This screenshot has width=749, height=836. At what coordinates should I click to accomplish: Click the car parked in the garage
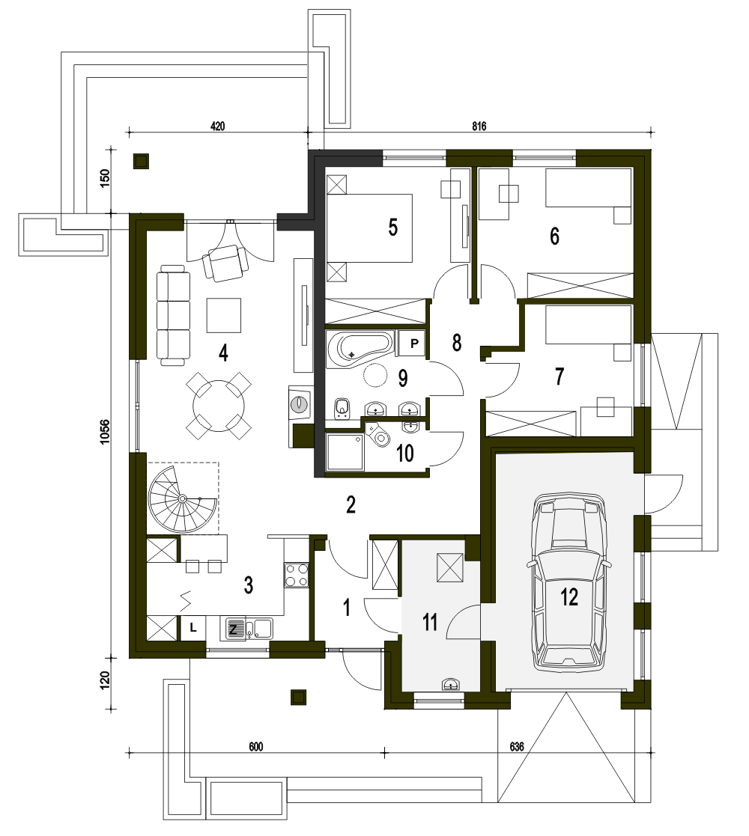[x=569, y=581]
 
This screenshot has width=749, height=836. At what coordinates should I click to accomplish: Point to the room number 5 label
[x=393, y=228]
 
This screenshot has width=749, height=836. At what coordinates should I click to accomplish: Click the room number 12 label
[x=569, y=597]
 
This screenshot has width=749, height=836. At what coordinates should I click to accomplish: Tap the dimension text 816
[x=479, y=126]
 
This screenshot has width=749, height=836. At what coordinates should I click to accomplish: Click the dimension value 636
[x=516, y=747]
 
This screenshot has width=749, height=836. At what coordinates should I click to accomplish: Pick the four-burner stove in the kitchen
[x=297, y=575]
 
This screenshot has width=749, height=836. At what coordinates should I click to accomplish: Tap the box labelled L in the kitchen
[x=193, y=628]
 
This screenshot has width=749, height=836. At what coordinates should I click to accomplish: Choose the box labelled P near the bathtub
[x=414, y=344]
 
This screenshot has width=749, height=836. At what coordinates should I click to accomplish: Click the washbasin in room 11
[x=452, y=683]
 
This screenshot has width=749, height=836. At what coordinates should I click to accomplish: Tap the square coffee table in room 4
[x=224, y=314]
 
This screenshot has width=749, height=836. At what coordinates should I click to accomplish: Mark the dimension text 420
[x=218, y=126]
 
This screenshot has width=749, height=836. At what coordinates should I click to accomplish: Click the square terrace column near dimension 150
[x=141, y=161]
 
